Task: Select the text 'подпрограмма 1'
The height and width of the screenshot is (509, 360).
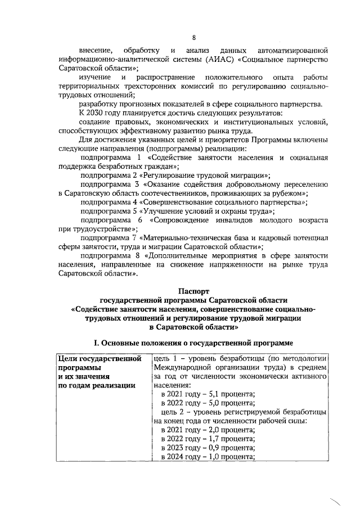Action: [x=110, y=158]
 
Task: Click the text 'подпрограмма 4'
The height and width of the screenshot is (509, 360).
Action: [x=109, y=202]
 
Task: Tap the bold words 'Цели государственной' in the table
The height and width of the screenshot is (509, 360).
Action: [x=99, y=358]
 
